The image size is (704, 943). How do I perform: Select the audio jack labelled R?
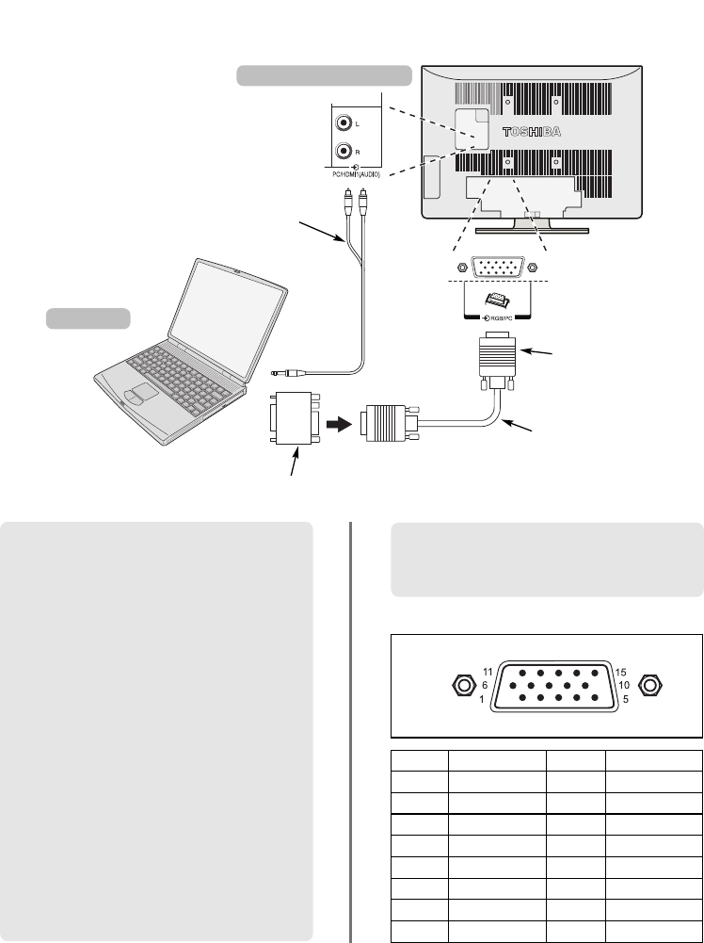(x=345, y=151)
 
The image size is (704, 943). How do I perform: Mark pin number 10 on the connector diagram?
(x=585, y=685)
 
